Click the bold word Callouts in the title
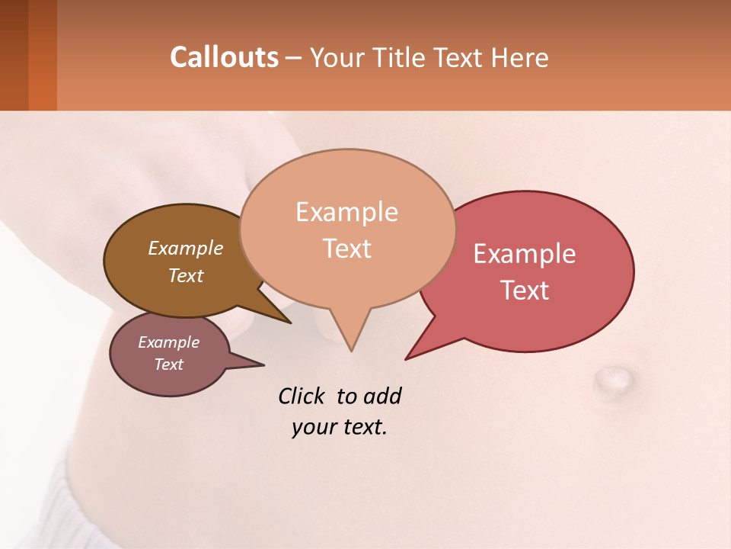pos(224,57)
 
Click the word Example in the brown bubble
pos(185,248)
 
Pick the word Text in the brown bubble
pos(185,275)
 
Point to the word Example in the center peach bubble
pos(346,212)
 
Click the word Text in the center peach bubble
pos(346,249)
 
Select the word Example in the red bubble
pos(524,254)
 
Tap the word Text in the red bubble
pos(524,291)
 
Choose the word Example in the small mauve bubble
pos(168,342)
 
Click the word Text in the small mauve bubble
pos(168,364)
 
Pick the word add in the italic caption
pos(381,396)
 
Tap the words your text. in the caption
pos(340,427)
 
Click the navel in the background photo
pos(611,376)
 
